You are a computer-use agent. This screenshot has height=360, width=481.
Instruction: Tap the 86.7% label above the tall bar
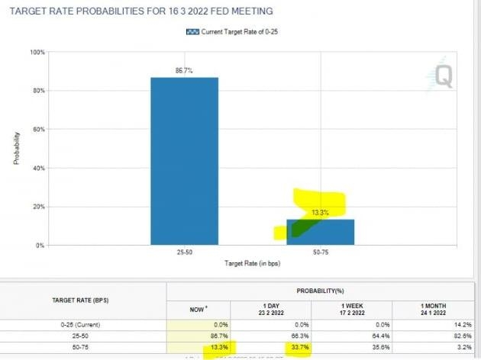(x=184, y=70)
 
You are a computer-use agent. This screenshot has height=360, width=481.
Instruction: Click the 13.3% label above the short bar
(x=320, y=213)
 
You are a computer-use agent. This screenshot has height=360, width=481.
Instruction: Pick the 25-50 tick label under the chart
(x=184, y=251)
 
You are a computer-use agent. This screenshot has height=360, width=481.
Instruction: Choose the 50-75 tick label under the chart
(x=320, y=251)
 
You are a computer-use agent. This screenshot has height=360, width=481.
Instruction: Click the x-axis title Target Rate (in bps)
(x=252, y=263)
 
